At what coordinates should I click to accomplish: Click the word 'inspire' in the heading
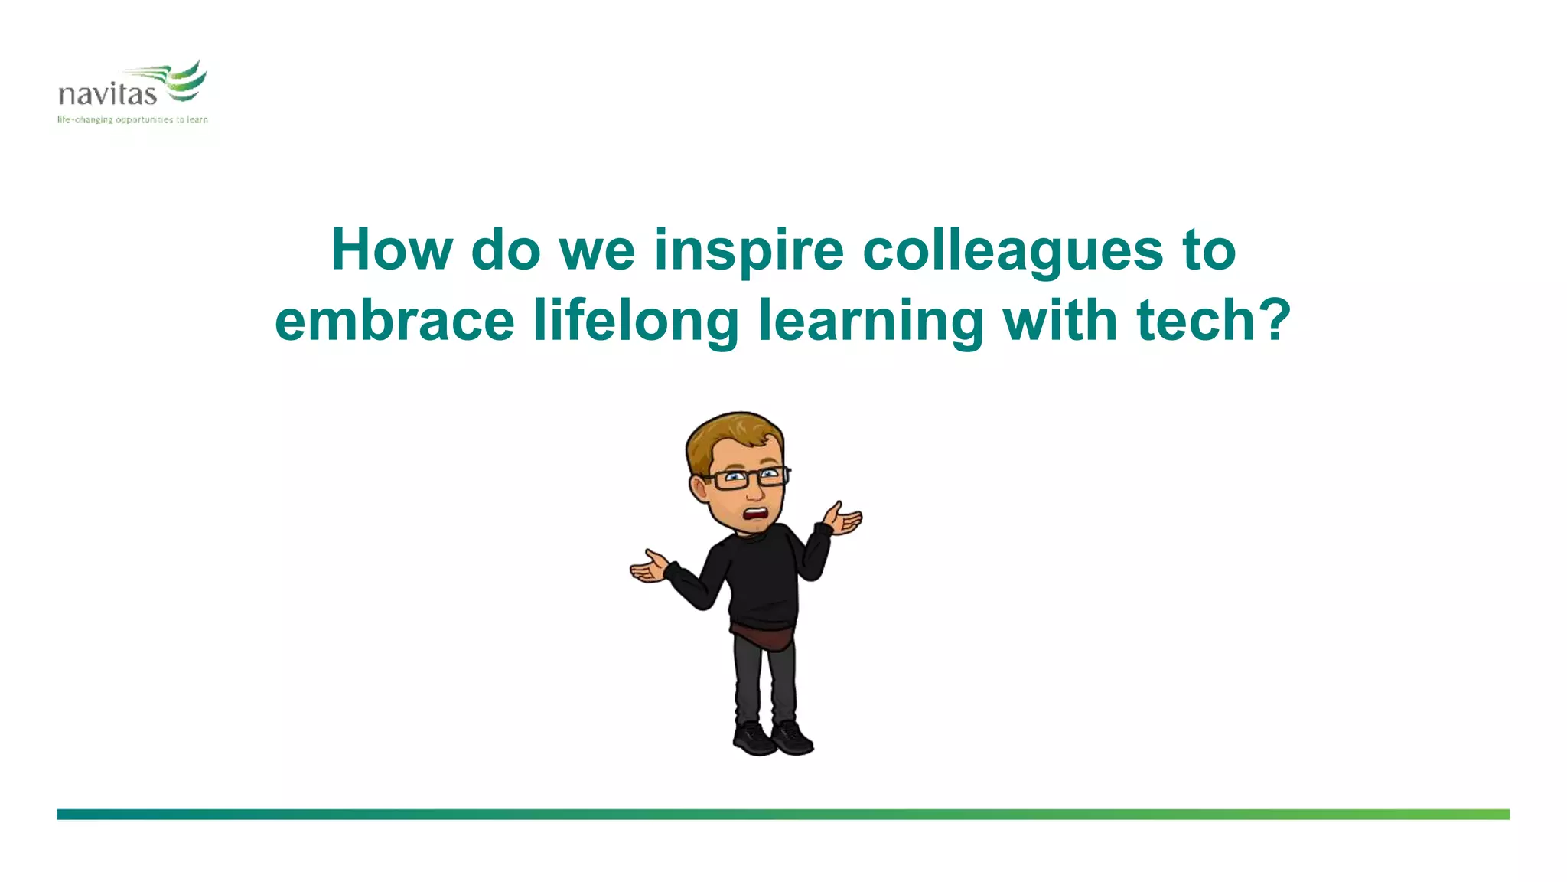[x=748, y=250]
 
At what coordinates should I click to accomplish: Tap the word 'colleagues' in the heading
[x=1012, y=250]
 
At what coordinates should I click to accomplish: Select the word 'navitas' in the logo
[x=107, y=95]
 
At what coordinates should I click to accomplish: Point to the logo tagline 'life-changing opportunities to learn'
[x=132, y=119]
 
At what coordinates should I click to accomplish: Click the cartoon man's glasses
[x=746, y=478]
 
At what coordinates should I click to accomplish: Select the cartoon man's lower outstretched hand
[x=649, y=568]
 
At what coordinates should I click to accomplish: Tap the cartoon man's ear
[x=699, y=486]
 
